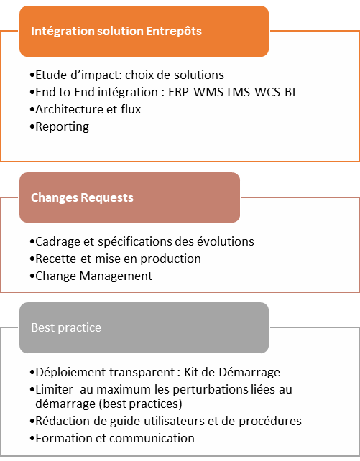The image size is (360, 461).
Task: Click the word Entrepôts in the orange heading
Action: pos(174,32)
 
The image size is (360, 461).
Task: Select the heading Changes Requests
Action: pos(82,198)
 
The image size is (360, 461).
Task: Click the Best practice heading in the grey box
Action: pos(66,328)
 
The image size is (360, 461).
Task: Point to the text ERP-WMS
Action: pos(195,92)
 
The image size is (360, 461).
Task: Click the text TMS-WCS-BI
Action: pos(261,92)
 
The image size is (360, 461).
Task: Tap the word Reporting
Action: pos(62,127)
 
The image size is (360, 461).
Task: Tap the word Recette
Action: pos(56,259)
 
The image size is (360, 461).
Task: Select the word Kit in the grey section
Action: pos(191,372)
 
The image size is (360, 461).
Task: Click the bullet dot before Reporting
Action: pos(32,127)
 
